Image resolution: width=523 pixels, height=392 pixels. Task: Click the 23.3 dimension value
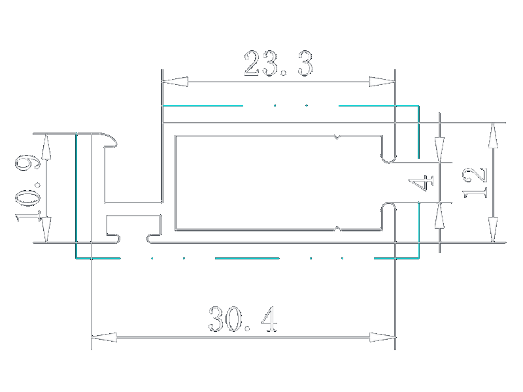point(278,65)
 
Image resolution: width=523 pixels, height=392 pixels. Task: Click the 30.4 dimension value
point(243,320)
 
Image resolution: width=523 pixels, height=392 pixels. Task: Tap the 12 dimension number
point(476,183)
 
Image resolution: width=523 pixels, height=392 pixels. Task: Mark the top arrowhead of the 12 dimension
point(492,135)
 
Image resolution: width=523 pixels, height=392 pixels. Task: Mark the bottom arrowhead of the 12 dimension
point(492,231)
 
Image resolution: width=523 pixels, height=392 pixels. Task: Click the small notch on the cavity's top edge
point(337,138)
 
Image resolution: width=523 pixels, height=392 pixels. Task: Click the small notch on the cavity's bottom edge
point(337,228)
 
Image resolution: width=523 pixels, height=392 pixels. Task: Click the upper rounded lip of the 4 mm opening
point(389,157)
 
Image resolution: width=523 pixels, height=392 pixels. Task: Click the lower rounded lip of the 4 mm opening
point(389,209)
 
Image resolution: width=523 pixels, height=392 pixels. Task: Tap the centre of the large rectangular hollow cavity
point(278,183)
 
